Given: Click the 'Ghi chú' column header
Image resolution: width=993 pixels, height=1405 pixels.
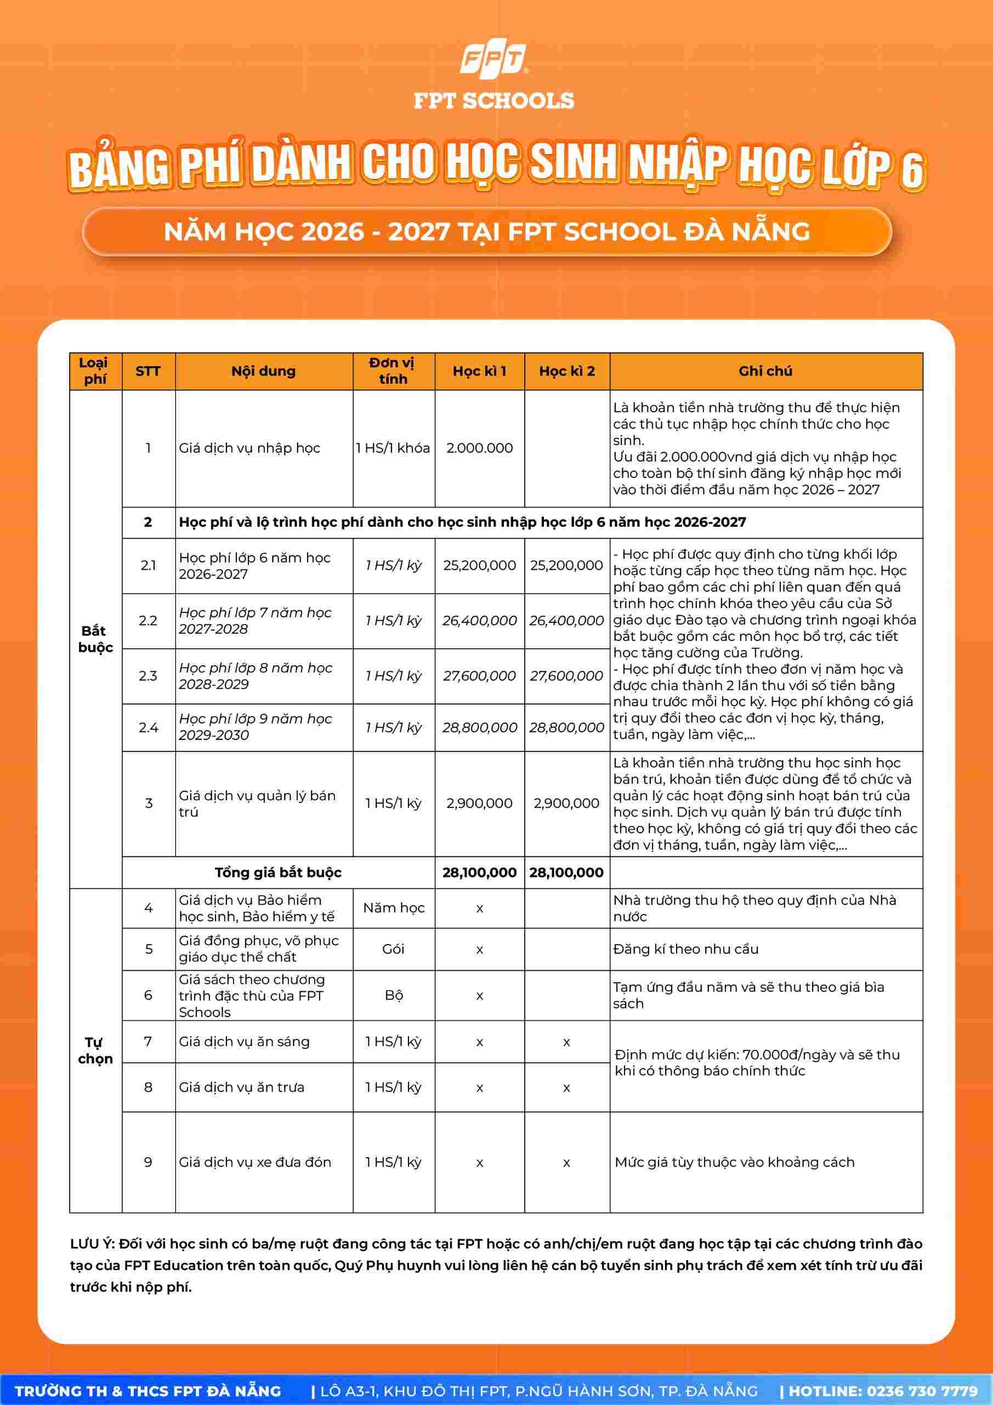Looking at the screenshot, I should (765, 371).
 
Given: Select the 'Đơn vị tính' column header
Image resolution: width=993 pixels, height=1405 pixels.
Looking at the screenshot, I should (393, 371).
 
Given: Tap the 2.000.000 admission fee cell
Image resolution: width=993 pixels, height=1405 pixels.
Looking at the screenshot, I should (479, 448).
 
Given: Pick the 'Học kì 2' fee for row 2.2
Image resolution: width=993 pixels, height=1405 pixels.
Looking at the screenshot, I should (566, 621).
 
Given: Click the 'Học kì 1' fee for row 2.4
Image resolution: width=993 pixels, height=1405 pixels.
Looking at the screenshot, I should (479, 727).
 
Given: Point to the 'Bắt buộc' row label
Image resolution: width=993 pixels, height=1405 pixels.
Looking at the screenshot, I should (95, 639).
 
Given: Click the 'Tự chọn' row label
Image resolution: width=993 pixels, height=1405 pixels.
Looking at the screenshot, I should (95, 1050).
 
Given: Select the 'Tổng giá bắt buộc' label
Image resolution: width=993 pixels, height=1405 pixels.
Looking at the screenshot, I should (277, 872).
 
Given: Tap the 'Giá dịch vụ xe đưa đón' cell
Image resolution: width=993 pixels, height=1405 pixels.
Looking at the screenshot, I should (255, 1162).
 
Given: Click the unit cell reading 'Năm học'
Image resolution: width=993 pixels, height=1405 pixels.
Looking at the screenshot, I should (393, 908).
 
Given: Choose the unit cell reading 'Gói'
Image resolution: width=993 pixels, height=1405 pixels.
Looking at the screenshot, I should (393, 948).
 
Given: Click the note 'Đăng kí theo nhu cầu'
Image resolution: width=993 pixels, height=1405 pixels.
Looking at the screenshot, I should (685, 948).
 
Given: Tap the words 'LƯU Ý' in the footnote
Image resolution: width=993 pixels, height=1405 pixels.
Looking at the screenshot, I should (92, 1244).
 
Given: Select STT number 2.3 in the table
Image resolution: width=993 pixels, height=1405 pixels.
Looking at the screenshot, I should (148, 676).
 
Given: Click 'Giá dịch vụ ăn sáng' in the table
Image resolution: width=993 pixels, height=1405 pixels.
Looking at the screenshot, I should (244, 1042).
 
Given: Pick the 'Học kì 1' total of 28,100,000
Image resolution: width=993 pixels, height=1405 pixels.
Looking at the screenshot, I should (479, 872).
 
